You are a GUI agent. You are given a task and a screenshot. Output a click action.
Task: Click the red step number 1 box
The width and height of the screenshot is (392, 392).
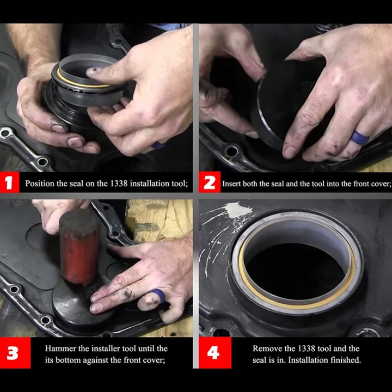pyautogui.click(x=9, y=182)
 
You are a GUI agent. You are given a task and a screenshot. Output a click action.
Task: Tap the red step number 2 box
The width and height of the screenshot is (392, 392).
pyautogui.click(x=210, y=182)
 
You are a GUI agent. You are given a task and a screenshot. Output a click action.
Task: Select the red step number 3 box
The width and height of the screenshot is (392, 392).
pyautogui.click(x=15, y=353)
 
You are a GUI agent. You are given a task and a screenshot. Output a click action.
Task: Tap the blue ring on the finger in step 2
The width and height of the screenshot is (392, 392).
pyautogui.click(x=360, y=138)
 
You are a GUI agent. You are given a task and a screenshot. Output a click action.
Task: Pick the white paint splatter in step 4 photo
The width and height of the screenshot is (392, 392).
pyautogui.click(x=240, y=210)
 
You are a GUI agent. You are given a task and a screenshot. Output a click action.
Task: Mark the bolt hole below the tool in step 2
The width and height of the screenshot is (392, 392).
pyautogui.click(x=231, y=151)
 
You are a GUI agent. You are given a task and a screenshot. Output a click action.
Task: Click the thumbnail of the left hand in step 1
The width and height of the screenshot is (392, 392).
pyautogui.click(x=58, y=128)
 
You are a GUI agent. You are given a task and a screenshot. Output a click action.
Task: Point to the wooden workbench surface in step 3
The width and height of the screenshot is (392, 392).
pyautogui.click(x=160, y=220)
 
